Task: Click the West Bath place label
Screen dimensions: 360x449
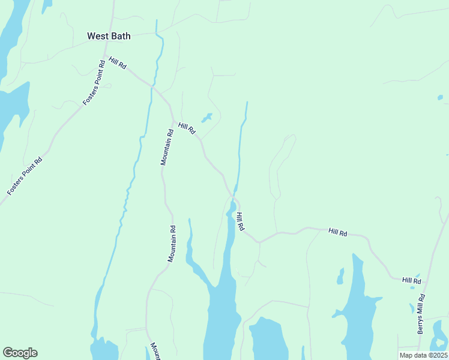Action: click(109, 36)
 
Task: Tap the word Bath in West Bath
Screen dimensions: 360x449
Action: click(119, 36)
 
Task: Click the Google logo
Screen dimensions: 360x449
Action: click(20, 353)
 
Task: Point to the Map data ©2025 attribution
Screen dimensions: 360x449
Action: click(423, 355)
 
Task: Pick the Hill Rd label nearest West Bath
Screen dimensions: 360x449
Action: click(118, 62)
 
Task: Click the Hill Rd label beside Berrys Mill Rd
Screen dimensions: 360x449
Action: click(412, 280)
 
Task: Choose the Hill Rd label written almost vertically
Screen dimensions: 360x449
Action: click(240, 221)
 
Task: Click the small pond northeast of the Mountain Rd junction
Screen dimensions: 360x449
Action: click(207, 117)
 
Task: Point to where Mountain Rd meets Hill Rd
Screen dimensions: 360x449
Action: click(173, 122)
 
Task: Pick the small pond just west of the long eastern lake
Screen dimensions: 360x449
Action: click(340, 277)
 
